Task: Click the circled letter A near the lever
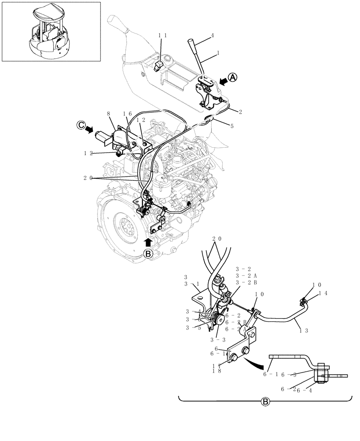pyautogui.click(x=233, y=77)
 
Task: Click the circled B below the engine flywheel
pyautogui.click(x=148, y=253)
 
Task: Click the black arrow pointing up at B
pyautogui.click(x=148, y=242)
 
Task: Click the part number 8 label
pyautogui.click(x=109, y=114)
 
